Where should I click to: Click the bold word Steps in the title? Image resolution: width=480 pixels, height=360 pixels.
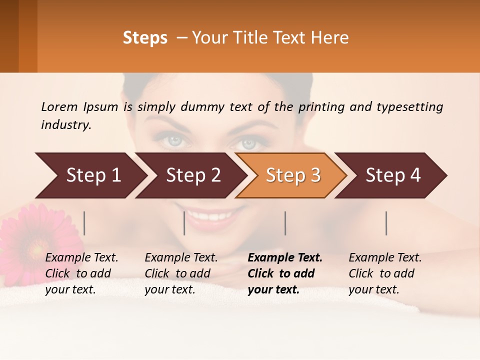(x=145, y=38)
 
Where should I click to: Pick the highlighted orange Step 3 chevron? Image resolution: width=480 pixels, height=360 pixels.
(x=292, y=175)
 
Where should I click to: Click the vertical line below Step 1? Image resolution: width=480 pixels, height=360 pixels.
(x=84, y=223)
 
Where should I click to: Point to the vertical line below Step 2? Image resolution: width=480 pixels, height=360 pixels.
(x=184, y=223)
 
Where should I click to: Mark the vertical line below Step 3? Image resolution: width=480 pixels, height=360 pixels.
(x=285, y=223)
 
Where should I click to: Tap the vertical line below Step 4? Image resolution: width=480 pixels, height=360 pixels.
(x=386, y=223)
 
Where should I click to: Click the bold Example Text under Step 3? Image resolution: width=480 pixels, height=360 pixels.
(x=285, y=258)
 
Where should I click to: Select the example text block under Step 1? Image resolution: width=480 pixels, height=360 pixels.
(x=81, y=273)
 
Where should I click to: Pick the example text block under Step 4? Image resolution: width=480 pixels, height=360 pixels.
(x=385, y=273)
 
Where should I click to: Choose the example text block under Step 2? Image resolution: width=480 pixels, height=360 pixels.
(x=181, y=273)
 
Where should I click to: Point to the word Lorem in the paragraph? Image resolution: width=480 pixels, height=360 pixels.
(x=59, y=107)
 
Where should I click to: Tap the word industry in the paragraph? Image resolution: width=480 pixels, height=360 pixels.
(x=65, y=125)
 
